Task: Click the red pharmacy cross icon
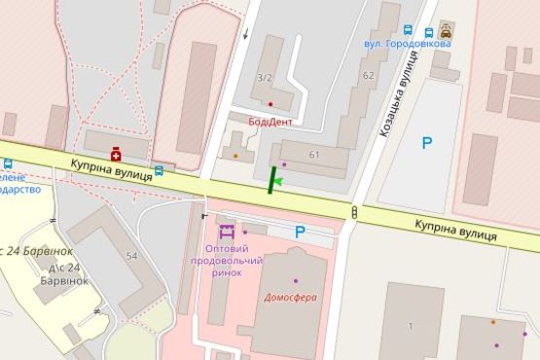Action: (x=116, y=153)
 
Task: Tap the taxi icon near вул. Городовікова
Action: (x=446, y=30)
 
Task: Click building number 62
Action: (x=367, y=75)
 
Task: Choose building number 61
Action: (x=314, y=155)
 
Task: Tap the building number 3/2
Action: (x=264, y=76)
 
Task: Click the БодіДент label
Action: (x=270, y=122)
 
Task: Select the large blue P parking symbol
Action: (x=426, y=143)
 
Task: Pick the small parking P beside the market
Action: (x=300, y=232)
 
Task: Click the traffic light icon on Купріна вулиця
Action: (x=354, y=212)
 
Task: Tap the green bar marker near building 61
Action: (x=270, y=181)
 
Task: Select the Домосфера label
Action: (x=291, y=297)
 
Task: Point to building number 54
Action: (x=131, y=255)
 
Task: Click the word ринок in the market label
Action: (x=227, y=272)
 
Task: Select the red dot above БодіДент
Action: (x=270, y=104)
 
